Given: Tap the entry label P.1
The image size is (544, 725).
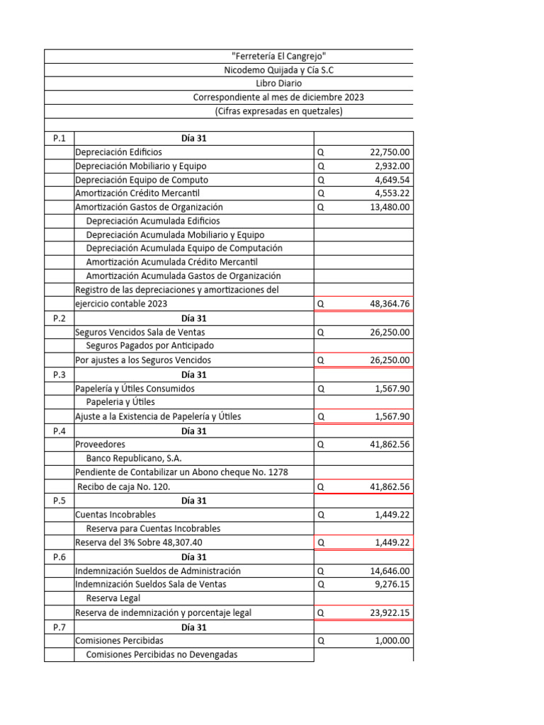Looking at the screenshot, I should pos(59,138).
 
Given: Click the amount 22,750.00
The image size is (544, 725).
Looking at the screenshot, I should pos(390,152).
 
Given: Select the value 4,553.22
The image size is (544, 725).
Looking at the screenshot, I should pos(392,193).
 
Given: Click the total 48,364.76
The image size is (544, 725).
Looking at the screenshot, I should pos(390,304).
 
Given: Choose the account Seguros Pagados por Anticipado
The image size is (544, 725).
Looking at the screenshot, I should pos(149,346).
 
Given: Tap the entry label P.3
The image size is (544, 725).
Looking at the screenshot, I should pos(59,375).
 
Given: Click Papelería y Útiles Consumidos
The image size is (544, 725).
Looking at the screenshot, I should pos(135,389).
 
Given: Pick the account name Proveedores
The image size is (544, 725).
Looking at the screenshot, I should pos(100,445).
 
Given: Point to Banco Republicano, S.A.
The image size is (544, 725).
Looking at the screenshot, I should pos(128,458).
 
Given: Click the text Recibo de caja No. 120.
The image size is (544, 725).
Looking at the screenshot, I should pos(123,486).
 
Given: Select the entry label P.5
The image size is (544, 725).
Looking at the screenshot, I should pos(59,501).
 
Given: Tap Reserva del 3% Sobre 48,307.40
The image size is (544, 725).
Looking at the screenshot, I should pos(142,542).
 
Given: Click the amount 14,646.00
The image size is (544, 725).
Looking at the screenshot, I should pos(390,571).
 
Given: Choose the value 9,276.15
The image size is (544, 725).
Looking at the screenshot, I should pos(392,584).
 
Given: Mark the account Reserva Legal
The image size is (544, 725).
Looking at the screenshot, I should pos(113,598).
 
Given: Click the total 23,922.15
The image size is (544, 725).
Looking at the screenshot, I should pos(390,612).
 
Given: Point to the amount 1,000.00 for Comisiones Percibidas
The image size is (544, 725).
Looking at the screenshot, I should pos(392,641).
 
